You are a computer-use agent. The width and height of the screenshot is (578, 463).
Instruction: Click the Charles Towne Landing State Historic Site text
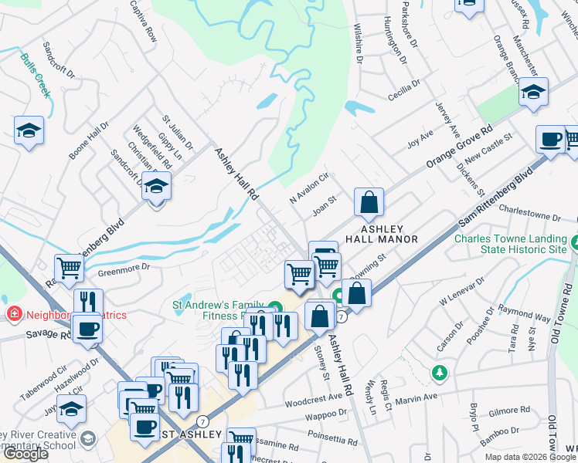[x=510, y=244]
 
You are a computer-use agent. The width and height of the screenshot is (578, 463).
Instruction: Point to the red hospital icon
[x=13, y=314]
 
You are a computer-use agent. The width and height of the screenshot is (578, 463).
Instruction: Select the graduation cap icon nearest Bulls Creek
[x=29, y=131]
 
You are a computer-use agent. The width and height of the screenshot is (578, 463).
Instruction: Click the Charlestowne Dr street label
[x=529, y=218]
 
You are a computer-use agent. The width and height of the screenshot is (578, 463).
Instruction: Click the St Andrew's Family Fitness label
[x=220, y=309]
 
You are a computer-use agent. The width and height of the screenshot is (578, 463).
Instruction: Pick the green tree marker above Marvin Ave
[x=440, y=373]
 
